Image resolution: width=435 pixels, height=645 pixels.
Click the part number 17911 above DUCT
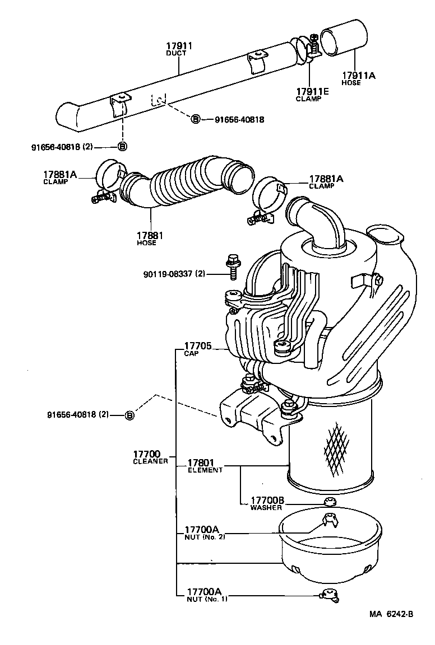tap(179, 45)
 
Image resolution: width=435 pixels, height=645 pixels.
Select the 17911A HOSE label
tap(359, 78)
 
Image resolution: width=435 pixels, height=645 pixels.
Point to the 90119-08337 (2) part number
tap(174, 274)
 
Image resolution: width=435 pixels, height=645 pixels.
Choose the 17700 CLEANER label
tap(148, 457)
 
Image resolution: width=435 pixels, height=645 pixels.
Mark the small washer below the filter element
tap(330, 502)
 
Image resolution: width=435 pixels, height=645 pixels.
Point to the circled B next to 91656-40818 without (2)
tap(196, 119)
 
